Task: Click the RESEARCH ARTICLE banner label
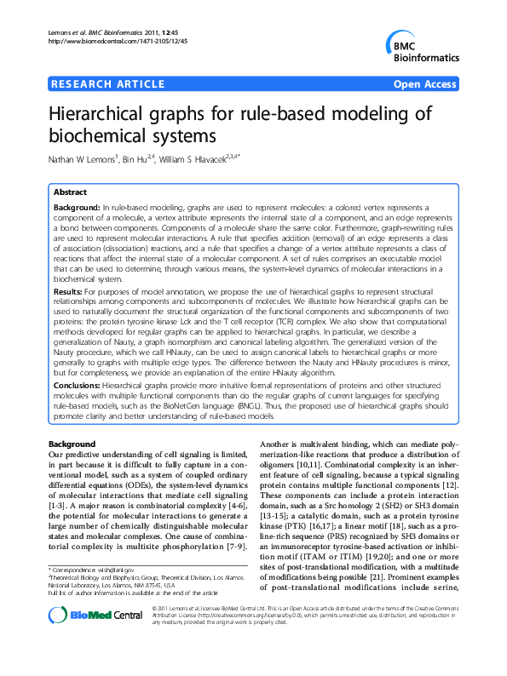click(x=108, y=84)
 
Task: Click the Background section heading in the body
click(x=72, y=444)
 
